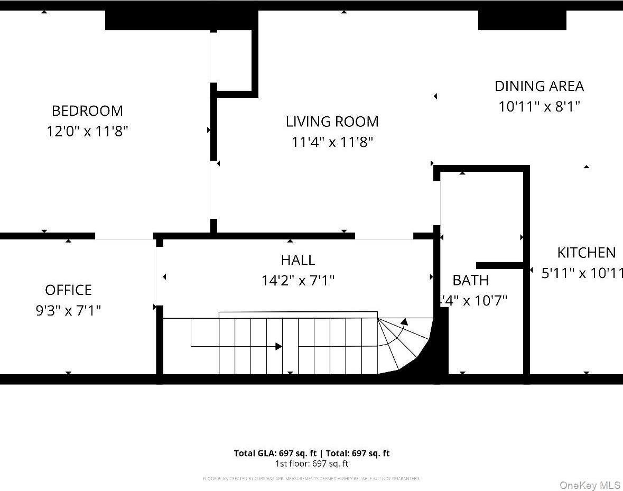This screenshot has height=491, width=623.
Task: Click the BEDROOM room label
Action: [x=87, y=111]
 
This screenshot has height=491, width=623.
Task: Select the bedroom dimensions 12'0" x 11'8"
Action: [x=87, y=131]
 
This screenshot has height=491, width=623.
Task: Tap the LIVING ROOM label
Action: [x=332, y=122]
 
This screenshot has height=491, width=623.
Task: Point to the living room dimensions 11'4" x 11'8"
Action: [x=332, y=142]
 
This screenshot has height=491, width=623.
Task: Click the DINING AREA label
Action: [x=539, y=86]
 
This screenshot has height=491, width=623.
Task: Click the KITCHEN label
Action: [x=586, y=253]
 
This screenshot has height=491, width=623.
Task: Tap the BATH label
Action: [x=470, y=280]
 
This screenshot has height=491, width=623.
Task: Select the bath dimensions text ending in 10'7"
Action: [x=473, y=301]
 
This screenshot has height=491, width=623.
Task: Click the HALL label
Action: [x=298, y=260]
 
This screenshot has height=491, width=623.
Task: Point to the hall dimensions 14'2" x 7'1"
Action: [x=298, y=280]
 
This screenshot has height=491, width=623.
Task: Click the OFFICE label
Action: [x=68, y=290]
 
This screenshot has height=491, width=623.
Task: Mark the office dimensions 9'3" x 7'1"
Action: [x=68, y=310]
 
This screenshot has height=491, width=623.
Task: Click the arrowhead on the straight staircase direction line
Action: [x=279, y=347]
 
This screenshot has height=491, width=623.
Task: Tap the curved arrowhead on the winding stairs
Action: [x=404, y=321]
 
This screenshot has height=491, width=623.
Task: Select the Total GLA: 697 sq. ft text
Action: [x=275, y=453]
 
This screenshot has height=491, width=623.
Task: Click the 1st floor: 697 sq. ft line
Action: [x=312, y=464]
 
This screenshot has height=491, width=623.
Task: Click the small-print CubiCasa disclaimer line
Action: [x=312, y=479]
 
